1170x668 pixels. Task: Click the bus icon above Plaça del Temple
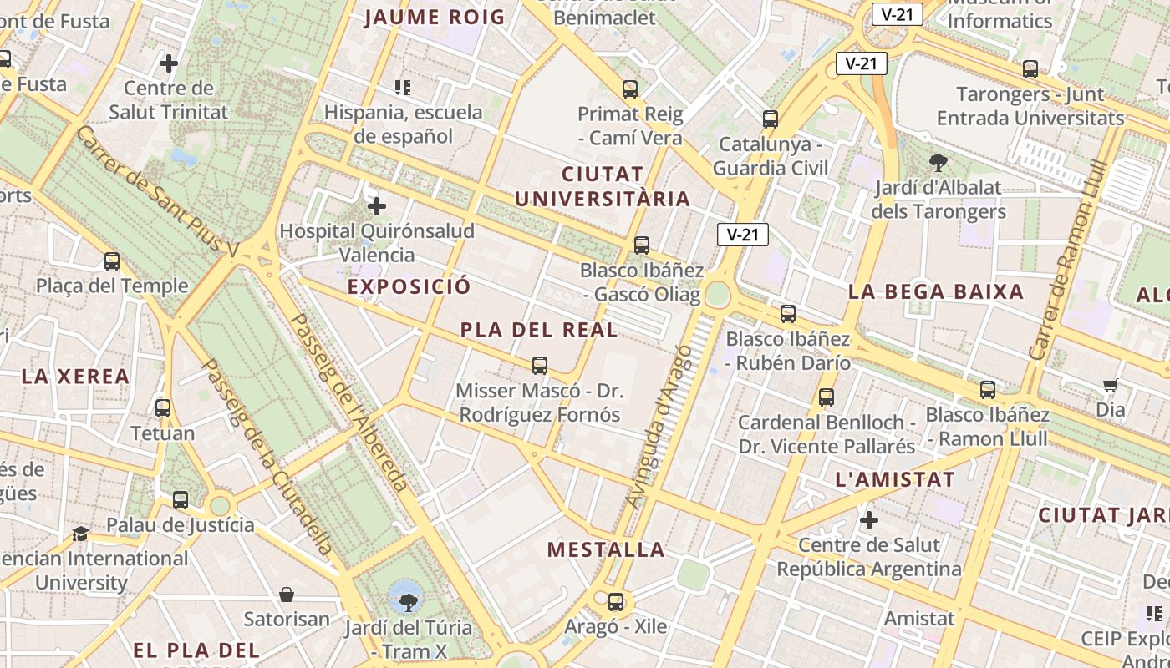point(112,261)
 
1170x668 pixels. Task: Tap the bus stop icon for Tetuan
point(163,408)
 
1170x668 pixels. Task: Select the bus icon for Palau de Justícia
point(181,500)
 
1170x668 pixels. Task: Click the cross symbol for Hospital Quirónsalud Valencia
point(377,205)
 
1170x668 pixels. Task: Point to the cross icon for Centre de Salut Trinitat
point(169,63)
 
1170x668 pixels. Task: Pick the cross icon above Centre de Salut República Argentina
point(869,520)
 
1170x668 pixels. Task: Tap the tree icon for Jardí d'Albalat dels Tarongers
point(938,162)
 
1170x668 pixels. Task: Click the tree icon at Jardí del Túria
point(408,601)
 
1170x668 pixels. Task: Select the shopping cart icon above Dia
point(1110,385)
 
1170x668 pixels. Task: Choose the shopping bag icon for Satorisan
point(287,595)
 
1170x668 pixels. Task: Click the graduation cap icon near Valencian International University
point(80,534)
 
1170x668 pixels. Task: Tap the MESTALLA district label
point(606,549)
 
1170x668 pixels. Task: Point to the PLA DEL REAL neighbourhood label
point(539,330)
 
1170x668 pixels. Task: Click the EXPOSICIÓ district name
point(409,286)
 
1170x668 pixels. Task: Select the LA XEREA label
point(75,377)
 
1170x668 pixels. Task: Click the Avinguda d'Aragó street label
point(660,426)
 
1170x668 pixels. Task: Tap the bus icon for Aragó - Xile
point(616,601)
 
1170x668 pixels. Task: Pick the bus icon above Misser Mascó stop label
point(540,365)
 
